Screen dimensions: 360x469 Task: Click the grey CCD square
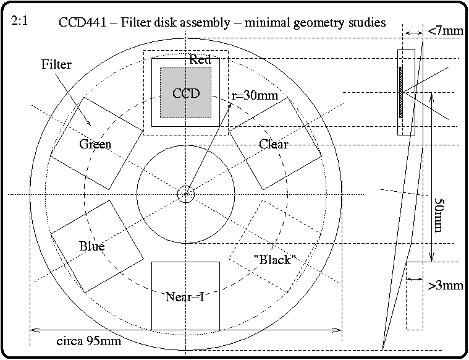coord(185,92)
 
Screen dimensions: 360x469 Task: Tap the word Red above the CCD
coord(200,60)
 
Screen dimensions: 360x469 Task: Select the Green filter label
coord(95,145)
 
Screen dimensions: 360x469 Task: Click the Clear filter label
coord(274,144)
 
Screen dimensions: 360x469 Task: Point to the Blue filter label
coord(91,246)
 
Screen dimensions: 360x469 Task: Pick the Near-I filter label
coord(185,297)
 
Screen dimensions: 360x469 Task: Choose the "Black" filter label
coord(272,260)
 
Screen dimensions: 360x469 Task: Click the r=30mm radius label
coord(255,96)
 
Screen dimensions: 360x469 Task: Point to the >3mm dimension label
coord(445,286)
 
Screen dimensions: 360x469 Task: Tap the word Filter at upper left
coord(56,64)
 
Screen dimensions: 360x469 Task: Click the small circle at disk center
coord(185,194)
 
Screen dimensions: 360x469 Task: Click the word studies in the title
coord(365,23)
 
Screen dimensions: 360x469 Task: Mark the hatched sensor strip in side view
coord(401,93)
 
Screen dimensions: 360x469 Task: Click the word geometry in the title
coord(318,23)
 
